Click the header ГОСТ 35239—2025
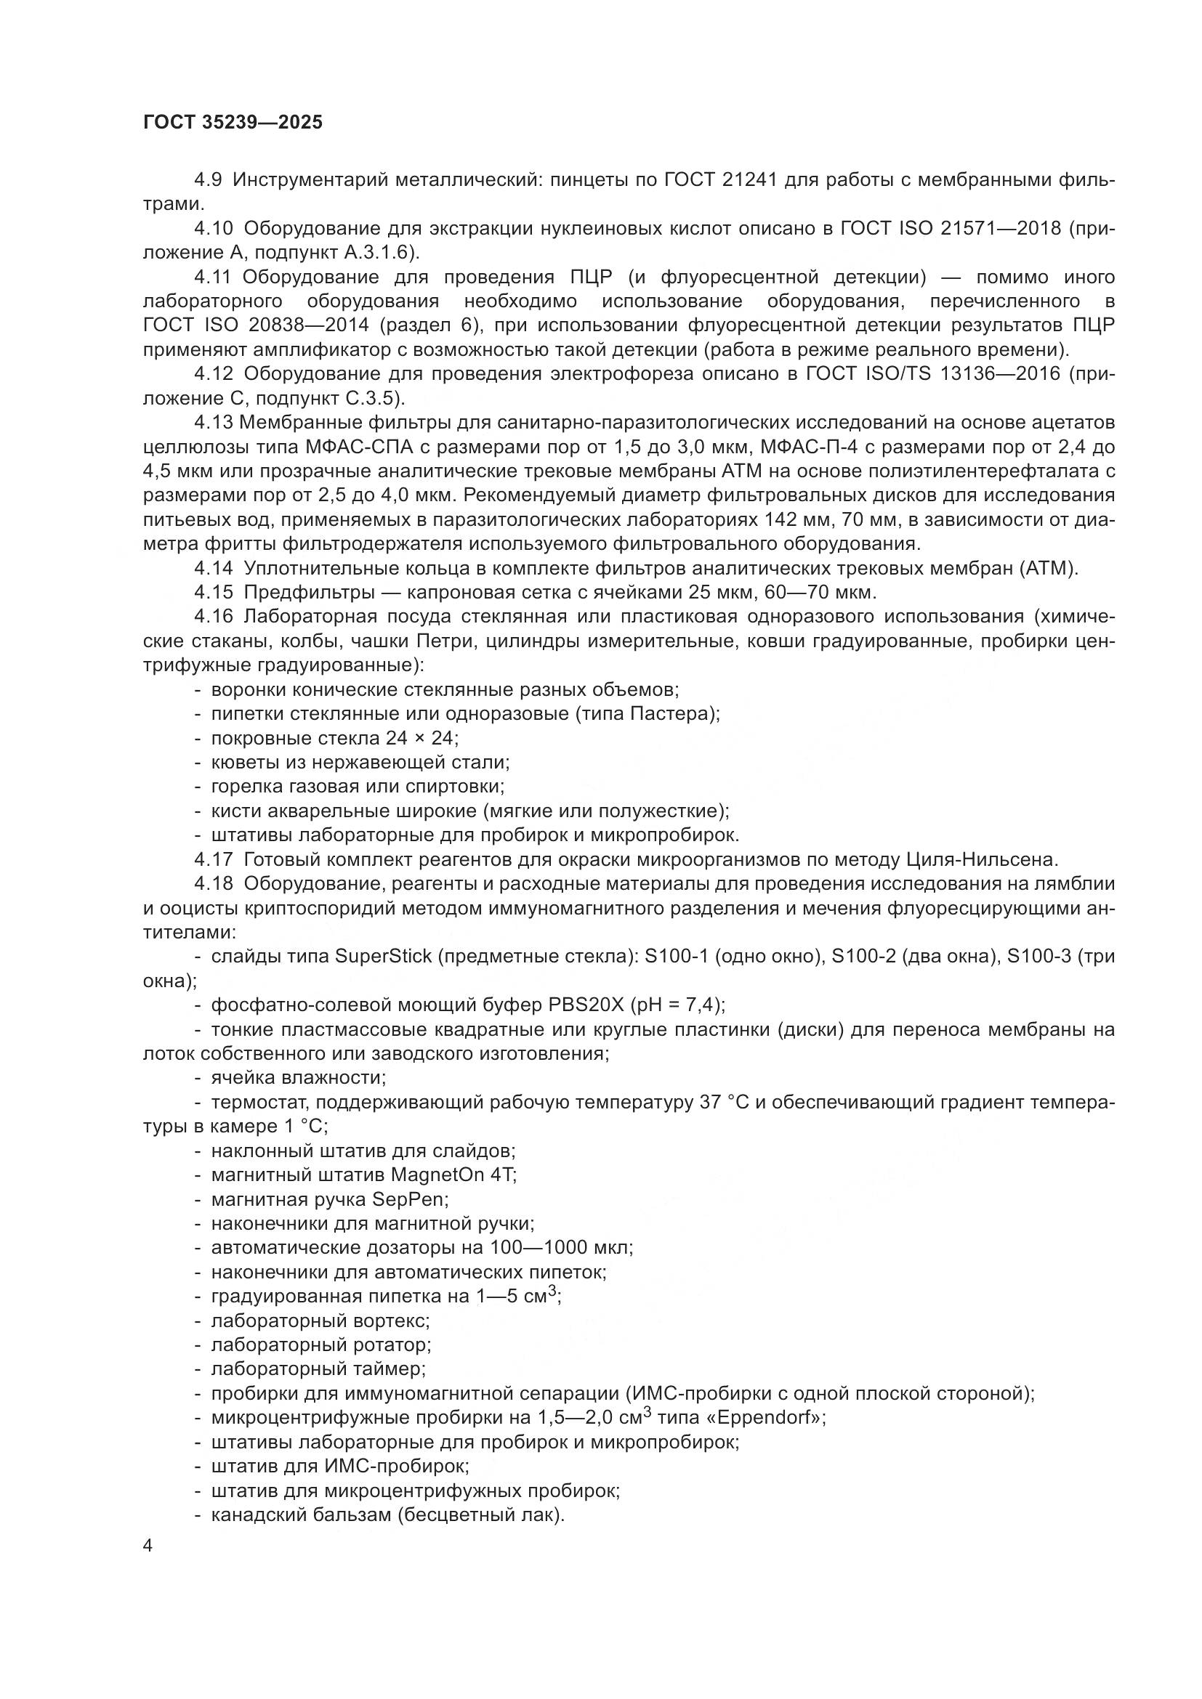pos(233,123)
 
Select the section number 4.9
pos(208,180)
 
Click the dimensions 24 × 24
pos(420,739)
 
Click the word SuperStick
pos(383,957)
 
